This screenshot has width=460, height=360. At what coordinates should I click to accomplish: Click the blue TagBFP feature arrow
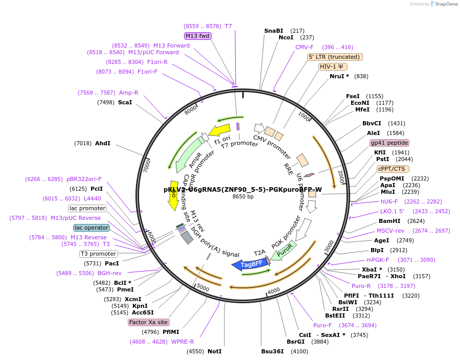247,264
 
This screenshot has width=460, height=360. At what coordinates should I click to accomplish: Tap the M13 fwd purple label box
198,36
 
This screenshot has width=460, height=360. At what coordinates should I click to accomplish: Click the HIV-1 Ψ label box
333,66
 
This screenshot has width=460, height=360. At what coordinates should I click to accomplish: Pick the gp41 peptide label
389,143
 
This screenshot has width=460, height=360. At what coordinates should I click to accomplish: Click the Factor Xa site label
148,322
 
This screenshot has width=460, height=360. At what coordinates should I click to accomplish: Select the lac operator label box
91,228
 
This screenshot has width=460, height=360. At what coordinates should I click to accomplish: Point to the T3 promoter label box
98,254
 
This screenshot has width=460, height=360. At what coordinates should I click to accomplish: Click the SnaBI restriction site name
273,31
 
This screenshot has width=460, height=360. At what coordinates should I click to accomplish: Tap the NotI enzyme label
215,351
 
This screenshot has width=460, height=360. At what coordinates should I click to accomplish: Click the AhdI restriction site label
102,143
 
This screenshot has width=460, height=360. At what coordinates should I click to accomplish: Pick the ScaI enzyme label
125,102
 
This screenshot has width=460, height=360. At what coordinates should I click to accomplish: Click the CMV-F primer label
305,47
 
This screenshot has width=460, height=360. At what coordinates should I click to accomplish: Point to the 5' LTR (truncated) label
335,57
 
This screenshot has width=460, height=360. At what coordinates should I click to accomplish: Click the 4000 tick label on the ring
274,290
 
